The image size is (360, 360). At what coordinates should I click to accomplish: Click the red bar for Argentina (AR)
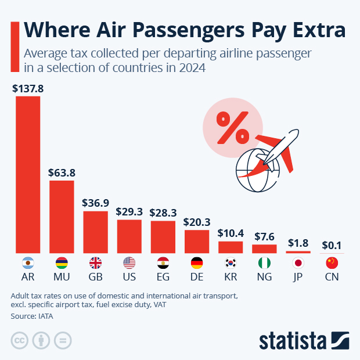pyautogui.click(x=28, y=174)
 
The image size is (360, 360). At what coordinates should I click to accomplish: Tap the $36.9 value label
pyautogui.click(x=95, y=203)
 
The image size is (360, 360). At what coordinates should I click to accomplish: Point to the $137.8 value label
pyautogui.click(x=28, y=89)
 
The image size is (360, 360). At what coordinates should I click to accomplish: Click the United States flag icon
pyautogui.click(x=129, y=262)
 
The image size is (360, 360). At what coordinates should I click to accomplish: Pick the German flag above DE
pyautogui.click(x=197, y=262)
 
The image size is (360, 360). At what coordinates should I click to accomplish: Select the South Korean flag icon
pyautogui.click(x=231, y=262)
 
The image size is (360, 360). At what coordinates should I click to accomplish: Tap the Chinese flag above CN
pyautogui.click(x=332, y=262)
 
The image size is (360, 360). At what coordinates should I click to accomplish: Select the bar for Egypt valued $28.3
pyautogui.click(x=163, y=236)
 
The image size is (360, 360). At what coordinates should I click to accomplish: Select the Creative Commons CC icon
pyautogui.click(x=20, y=340)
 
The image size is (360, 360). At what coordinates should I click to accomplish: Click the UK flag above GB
pyautogui.click(x=95, y=262)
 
